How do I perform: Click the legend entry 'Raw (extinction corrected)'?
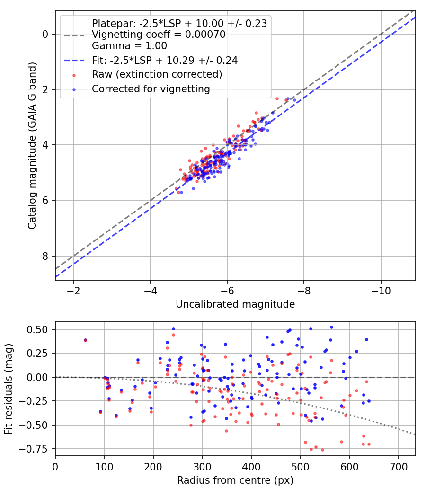pyautogui.click(x=157, y=74)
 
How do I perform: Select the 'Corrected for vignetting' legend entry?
pyautogui.click(x=151, y=89)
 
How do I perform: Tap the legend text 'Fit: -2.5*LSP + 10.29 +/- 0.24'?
pyautogui.click(x=165, y=60)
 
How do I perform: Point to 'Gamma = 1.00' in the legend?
pyautogui.click(x=129, y=46)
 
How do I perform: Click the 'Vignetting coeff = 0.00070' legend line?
pyautogui.click(x=159, y=35)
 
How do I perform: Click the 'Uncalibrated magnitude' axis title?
pyautogui.click(x=235, y=304)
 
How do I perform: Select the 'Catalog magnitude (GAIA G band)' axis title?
pyautogui.click(x=32, y=145)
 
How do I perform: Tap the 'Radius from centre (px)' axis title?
pyautogui.click(x=235, y=480)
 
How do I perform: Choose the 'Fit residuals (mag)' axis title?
pyautogui.click(x=9, y=389)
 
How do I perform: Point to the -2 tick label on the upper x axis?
pyautogui.click(x=73, y=291)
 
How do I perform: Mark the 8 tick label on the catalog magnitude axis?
pyautogui.click(x=45, y=256)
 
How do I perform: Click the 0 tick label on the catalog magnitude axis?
pyautogui.click(x=45, y=34)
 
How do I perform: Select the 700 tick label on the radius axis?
pyautogui.click(x=398, y=467)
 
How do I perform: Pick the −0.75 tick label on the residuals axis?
pyautogui.click(x=34, y=449)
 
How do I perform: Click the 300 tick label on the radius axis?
pyautogui.click(x=202, y=467)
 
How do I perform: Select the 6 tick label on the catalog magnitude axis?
pyautogui.click(x=45, y=200)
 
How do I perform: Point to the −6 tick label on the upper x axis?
pyautogui.click(x=227, y=291)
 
